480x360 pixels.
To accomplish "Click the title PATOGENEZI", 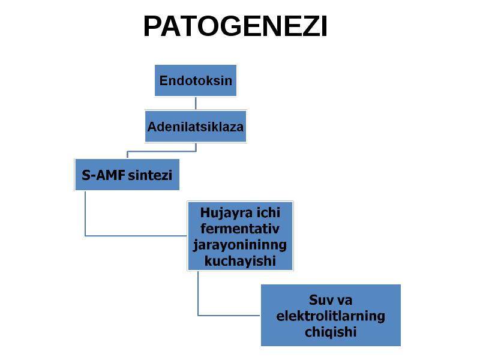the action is (235, 26).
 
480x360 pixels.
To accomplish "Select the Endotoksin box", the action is (196, 80).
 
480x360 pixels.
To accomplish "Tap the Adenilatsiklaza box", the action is (196, 127).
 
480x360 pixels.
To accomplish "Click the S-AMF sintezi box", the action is (127, 175).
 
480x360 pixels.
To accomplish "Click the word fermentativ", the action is (239, 229).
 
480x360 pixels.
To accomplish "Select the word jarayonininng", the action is (239, 245).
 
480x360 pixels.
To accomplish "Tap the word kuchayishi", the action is (240, 261).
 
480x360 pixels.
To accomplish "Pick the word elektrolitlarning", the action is (331, 316).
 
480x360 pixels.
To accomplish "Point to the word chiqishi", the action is (331, 332).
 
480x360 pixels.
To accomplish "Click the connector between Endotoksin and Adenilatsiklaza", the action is (196, 103).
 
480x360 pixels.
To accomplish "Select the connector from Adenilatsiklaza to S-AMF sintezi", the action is (161, 151).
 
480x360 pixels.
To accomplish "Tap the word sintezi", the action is (150, 175).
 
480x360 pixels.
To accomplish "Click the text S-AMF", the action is (103, 175).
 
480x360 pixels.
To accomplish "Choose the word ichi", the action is (268, 213).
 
